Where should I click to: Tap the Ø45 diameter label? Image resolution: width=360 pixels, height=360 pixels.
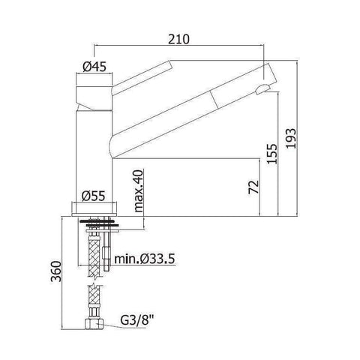click(x=93, y=67)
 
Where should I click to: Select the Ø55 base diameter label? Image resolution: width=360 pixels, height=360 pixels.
click(x=93, y=196)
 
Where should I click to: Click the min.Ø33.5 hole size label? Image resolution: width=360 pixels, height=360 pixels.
click(x=145, y=260)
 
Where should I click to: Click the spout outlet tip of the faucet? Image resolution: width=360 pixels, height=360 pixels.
click(x=260, y=91)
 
